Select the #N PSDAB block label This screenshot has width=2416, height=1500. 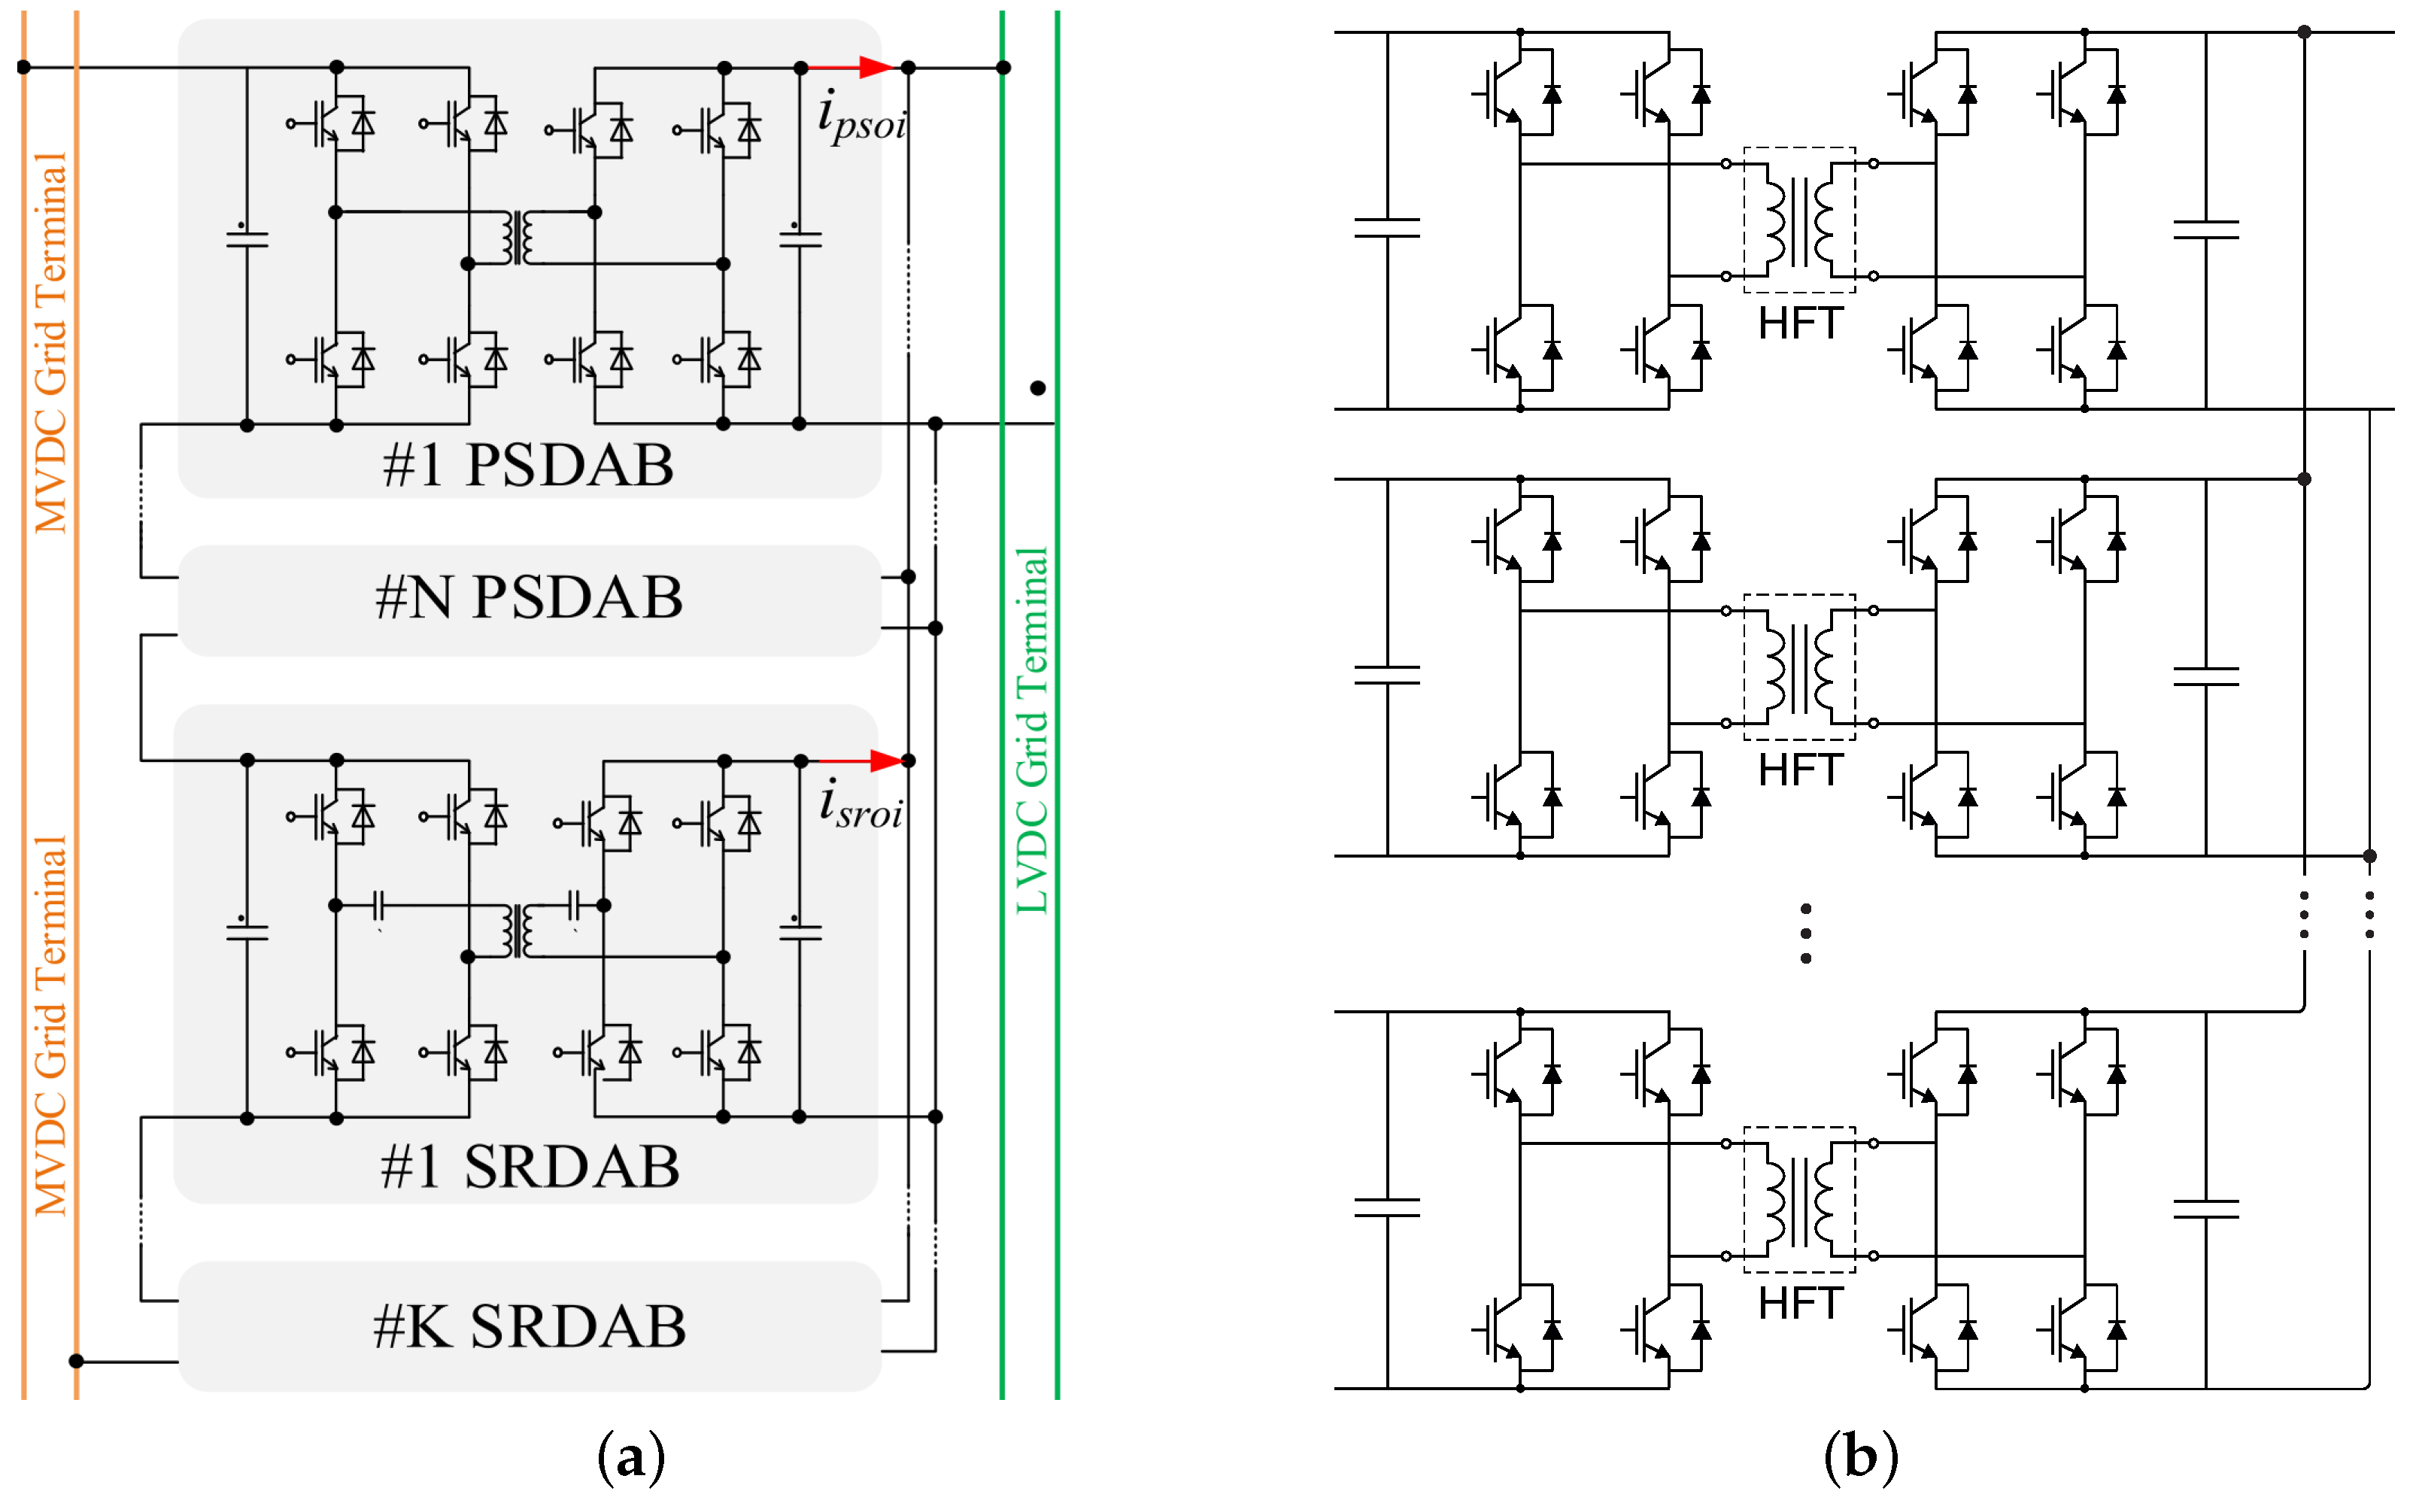click(x=529, y=597)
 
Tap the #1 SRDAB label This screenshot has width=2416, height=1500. click(x=530, y=1167)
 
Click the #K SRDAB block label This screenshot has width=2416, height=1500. click(x=529, y=1326)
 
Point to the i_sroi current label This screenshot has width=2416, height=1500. click(x=861, y=806)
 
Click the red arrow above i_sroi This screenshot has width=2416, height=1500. click(x=859, y=762)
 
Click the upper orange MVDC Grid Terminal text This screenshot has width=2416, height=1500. click(x=50, y=342)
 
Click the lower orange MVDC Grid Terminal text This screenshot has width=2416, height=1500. click(x=50, y=1027)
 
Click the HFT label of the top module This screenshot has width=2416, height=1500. click(x=1800, y=324)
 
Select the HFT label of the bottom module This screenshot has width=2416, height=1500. click(x=1800, y=1304)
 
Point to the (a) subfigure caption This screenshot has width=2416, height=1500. click(x=632, y=1457)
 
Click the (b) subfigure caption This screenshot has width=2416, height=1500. click(x=1861, y=1457)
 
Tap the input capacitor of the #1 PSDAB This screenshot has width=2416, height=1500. click(x=247, y=238)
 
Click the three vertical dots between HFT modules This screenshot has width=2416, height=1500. click(x=1806, y=934)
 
